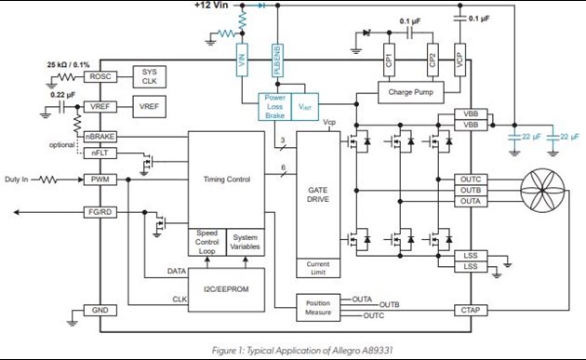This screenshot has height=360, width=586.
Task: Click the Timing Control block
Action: click(226, 178)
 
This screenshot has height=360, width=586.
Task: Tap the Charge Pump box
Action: click(410, 92)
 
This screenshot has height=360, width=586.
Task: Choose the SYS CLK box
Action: click(149, 75)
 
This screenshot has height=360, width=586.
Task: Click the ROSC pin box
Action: click(98, 75)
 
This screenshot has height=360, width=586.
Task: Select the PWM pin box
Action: click(98, 180)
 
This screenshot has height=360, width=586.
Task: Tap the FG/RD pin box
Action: click(98, 211)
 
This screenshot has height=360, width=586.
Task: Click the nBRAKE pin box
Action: click(98, 137)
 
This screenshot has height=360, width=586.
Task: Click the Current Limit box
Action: click(317, 267)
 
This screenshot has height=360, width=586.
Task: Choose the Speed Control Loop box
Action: click(206, 241)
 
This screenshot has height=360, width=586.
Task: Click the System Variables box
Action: click(246, 241)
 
